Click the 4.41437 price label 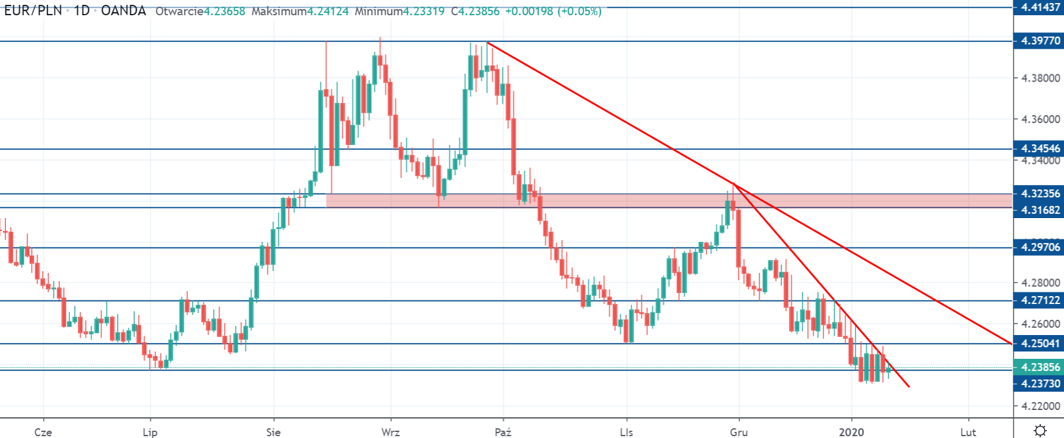1040,7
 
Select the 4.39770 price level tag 1040,41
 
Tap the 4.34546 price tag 1040,149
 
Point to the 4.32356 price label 1040,194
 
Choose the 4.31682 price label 1040,210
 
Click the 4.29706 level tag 1040,247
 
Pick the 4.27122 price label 1040,300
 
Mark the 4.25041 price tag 1040,344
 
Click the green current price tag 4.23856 1040,367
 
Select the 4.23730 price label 1040,383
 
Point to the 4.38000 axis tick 1040,78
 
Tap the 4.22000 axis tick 1040,406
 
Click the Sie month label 273,432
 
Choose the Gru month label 739,432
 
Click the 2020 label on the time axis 851,432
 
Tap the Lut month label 968,432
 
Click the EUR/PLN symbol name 33,11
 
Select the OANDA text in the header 124,11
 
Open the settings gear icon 1040,430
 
